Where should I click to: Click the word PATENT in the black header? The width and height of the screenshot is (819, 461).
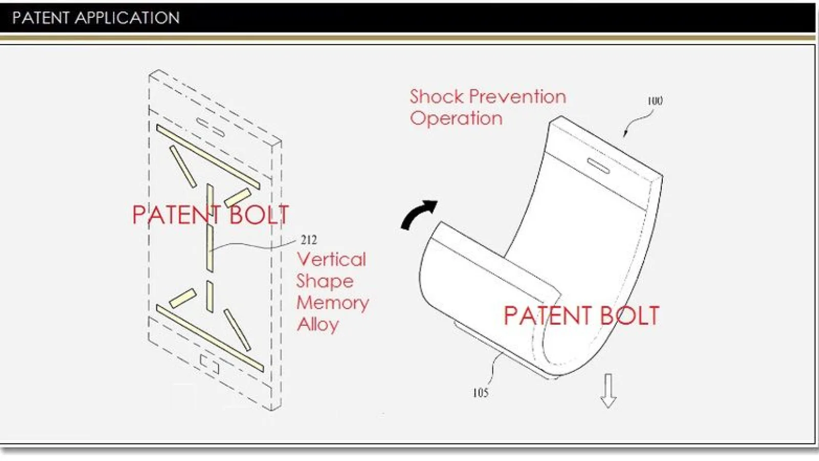40,17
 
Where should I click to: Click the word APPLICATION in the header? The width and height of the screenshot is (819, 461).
127,17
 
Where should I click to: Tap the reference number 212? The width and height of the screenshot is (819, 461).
309,240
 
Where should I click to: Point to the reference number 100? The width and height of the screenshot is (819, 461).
655,101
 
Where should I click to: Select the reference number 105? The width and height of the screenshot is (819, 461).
481,393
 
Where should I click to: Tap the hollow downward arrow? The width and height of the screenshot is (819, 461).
609,390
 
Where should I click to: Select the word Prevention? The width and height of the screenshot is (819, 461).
518,97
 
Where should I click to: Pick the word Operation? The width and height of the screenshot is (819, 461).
456,119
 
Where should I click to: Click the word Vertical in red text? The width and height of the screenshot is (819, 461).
331,260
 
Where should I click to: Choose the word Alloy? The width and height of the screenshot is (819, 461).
318,325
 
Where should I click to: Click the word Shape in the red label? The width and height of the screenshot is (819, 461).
325,282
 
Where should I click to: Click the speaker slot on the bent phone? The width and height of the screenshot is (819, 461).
598,165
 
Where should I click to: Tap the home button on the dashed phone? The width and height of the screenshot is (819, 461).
209,364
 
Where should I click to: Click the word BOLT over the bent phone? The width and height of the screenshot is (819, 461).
630,316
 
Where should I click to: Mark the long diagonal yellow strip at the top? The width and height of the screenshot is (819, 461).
208,157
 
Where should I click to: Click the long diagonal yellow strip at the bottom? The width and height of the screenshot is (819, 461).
210,338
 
